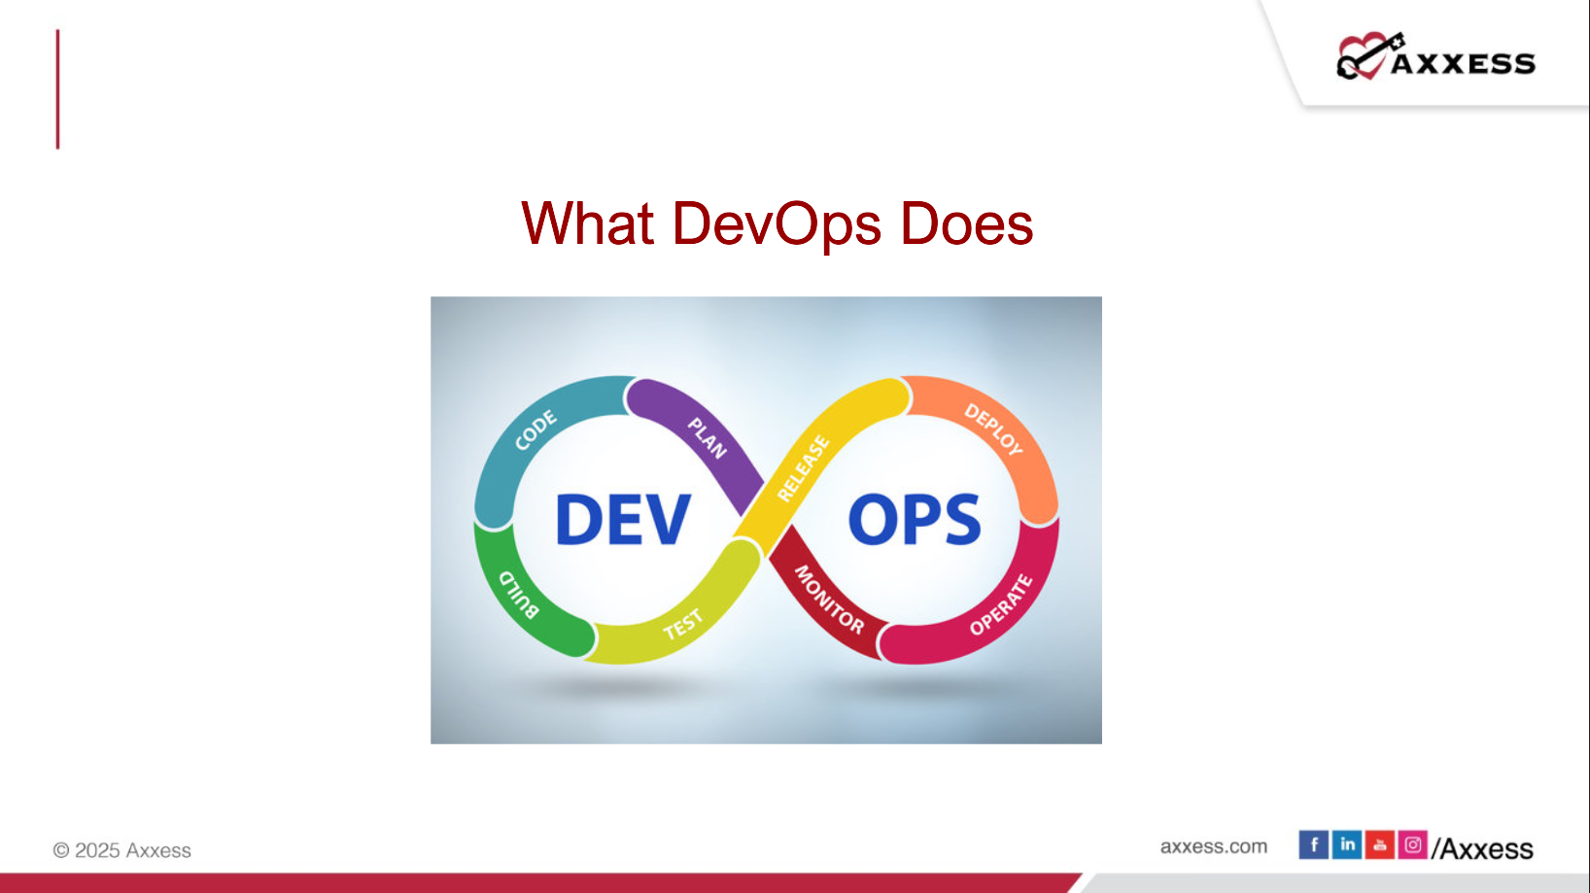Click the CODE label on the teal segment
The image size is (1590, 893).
[x=536, y=429]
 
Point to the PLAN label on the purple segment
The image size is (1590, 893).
[x=708, y=438]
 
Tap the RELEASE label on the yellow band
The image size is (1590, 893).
[x=804, y=468]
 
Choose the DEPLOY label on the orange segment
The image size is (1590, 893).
[x=993, y=429]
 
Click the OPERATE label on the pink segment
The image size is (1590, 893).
[x=1002, y=604]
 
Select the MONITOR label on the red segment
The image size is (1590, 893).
[x=829, y=600]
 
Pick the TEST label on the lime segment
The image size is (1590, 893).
[x=683, y=625]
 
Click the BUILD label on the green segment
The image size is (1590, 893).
[x=519, y=594]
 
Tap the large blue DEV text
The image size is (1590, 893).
[x=623, y=519]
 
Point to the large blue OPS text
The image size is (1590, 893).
[x=915, y=519]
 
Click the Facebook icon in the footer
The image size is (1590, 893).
[x=1313, y=844]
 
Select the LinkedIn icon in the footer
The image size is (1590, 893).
[x=1346, y=844]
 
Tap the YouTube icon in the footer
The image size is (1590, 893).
[x=1380, y=844]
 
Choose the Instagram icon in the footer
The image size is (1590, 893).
[x=1412, y=844]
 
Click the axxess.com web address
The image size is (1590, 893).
[x=1214, y=846]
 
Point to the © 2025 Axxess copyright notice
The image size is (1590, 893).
[x=122, y=849]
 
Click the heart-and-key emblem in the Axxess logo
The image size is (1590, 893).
[x=1368, y=55]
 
